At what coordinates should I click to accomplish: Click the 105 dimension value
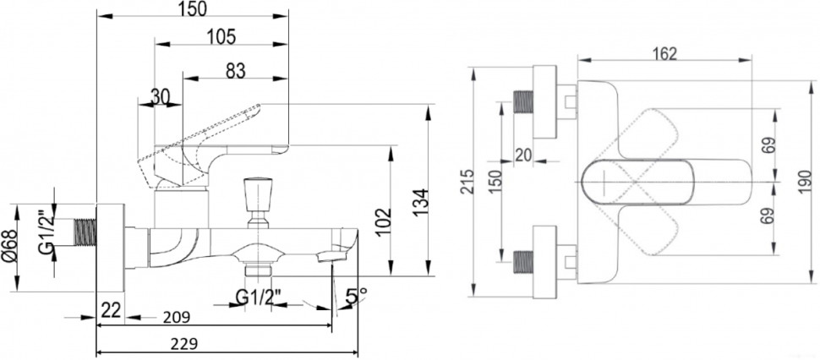click(x=221, y=36)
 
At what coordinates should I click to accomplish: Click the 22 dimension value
click(x=110, y=310)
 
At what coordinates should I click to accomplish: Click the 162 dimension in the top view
click(x=664, y=52)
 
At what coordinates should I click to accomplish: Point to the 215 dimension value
click(x=478, y=183)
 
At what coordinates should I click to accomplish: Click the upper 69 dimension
click(x=767, y=146)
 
